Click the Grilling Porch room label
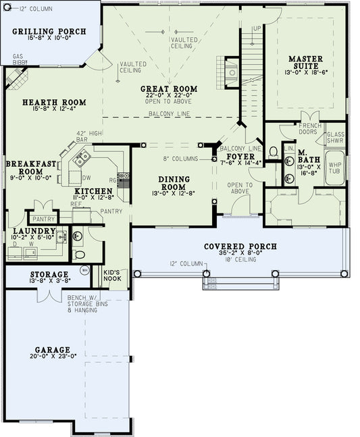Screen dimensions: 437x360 click(x=49, y=32)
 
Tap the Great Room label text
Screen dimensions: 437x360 click(x=169, y=89)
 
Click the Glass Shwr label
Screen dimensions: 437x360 click(x=335, y=138)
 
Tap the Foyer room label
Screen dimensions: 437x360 click(x=236, y=157)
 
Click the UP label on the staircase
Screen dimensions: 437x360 click(x=256, y=28)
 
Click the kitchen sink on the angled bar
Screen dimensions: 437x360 click(x=83, y=158)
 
